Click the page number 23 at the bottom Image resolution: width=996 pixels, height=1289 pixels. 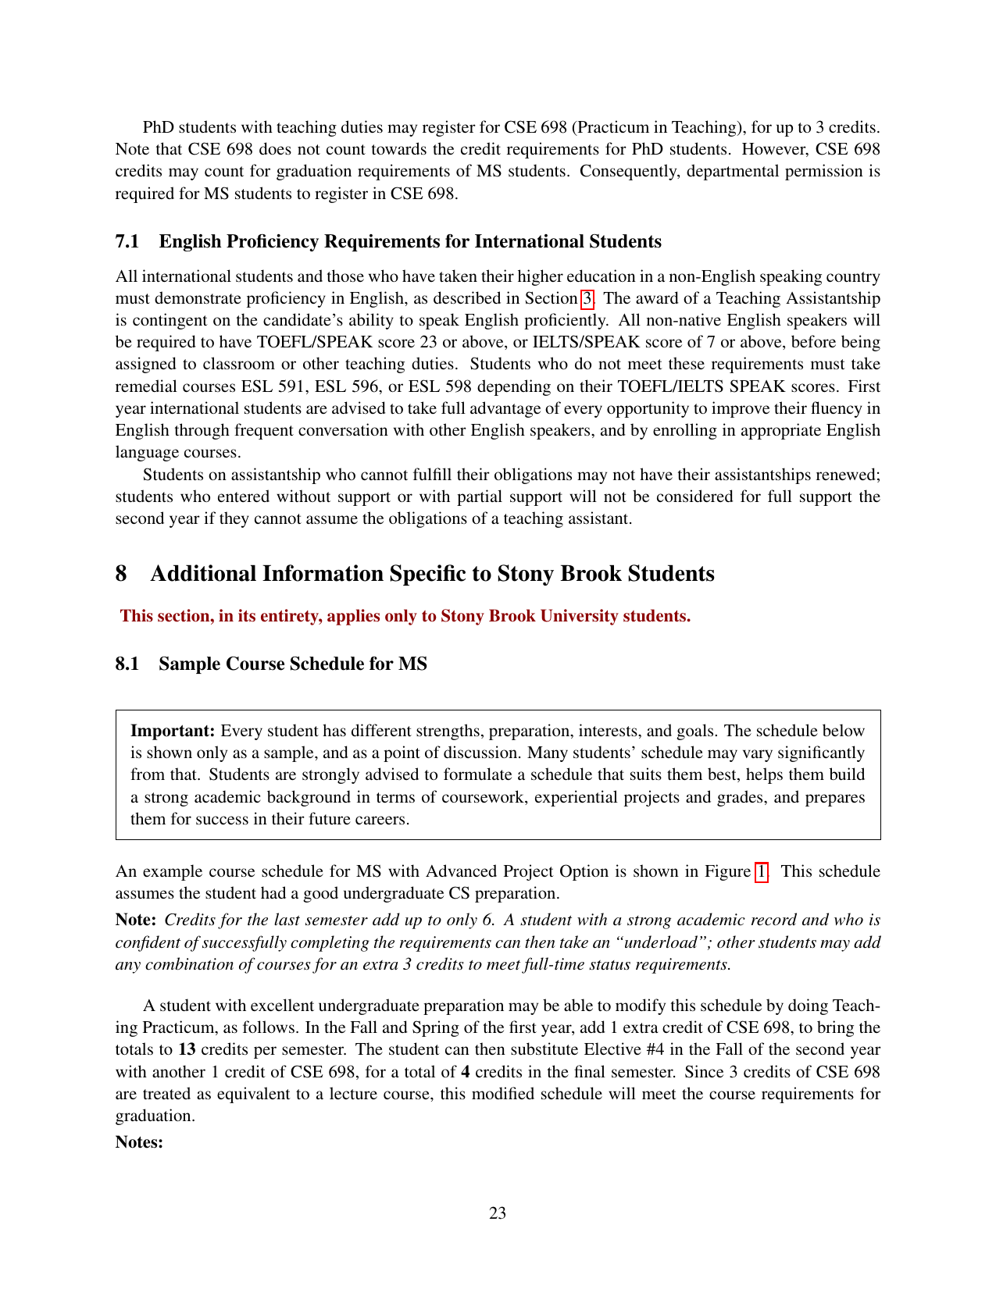(498, 1212)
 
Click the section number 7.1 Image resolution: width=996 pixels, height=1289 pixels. (127, 241)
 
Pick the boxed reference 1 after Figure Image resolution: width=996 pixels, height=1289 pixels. (762, 871)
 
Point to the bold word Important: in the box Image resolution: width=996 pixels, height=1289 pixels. (173, 731)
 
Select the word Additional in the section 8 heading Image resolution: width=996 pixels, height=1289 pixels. (203, 574)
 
